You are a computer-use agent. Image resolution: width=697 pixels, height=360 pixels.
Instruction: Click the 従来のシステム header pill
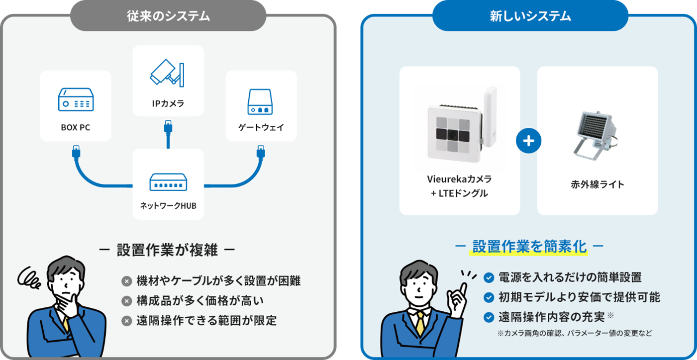168,16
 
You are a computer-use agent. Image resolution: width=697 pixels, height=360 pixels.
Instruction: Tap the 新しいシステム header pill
530,16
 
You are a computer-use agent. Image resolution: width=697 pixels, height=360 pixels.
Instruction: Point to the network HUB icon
168,182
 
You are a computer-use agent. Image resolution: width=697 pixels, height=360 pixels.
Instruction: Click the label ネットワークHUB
168,204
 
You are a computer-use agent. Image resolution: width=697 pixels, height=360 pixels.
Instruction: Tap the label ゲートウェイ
261,127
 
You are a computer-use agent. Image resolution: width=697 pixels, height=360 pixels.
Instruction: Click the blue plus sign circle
528,141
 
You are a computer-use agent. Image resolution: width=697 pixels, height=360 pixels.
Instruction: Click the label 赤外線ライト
597,184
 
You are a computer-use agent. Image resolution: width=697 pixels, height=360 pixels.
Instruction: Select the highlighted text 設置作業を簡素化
529,247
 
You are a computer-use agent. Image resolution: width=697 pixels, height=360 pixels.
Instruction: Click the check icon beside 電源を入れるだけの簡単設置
489,277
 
